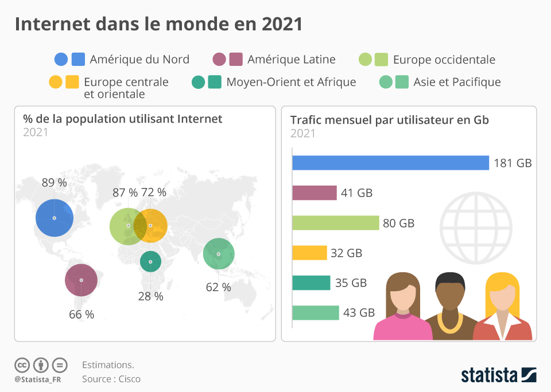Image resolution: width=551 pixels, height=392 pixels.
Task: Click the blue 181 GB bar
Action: coord(390,163)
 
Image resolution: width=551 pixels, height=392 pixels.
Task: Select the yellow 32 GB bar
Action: coord(309,253)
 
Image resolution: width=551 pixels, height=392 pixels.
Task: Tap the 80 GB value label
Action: coord(398,224)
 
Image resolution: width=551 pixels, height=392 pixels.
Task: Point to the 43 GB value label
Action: coord(359,312)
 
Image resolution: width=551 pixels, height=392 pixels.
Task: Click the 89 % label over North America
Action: coord(54,183)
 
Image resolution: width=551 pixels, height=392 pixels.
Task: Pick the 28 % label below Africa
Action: coord(150,296)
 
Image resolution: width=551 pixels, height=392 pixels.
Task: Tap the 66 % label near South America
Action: coord(82,314)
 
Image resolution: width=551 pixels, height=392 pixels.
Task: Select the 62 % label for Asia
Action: coord(218,287)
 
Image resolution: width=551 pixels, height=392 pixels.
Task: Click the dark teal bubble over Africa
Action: coord(150,262)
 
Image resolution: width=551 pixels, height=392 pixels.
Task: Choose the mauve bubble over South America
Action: coord(81,280)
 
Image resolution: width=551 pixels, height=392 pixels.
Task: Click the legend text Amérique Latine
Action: coord(292,59)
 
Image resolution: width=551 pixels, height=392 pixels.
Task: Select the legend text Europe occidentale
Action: coord(444,60)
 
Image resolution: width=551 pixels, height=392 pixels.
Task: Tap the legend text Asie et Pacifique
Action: coord(457,82)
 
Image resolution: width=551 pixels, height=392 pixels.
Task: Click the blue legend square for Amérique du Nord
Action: coord(79,59)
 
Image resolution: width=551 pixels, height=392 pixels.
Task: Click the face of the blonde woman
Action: coord(503,297)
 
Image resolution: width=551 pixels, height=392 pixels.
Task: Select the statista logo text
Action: coord(489,375)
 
